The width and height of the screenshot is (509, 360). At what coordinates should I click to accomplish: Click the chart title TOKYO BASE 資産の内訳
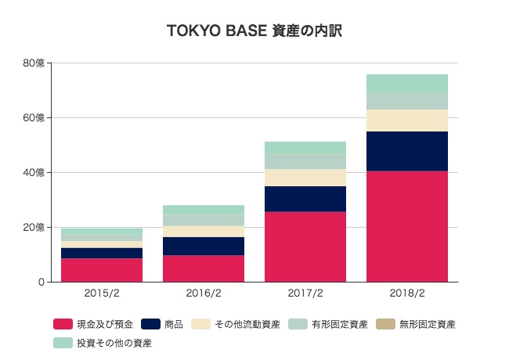click(x=254, y=31)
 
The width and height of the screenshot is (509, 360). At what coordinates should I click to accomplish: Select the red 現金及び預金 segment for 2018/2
click(x=407, y=226)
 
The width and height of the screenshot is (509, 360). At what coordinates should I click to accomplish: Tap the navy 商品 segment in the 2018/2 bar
click(x=407, y=151)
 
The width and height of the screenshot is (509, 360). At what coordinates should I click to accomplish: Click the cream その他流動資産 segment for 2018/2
click(x=407, y=121)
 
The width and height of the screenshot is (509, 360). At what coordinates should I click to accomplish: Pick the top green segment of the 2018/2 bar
click(x=407, y=83)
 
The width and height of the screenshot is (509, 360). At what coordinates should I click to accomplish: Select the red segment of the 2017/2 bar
click(x=305, y=247)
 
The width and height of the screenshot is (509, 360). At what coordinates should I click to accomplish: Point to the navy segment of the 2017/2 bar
click(x=305, y=199)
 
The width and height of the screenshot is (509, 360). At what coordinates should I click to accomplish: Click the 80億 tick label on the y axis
click(x=34, y=63)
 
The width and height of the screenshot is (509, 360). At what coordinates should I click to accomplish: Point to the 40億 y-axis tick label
click(x=34, y=173)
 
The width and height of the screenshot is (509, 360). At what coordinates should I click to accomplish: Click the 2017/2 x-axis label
click(x=305, y=294)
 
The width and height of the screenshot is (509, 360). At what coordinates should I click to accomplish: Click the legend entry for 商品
click(x=173, y=323)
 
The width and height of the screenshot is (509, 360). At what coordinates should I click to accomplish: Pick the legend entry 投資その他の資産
click(x=114, y=343)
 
